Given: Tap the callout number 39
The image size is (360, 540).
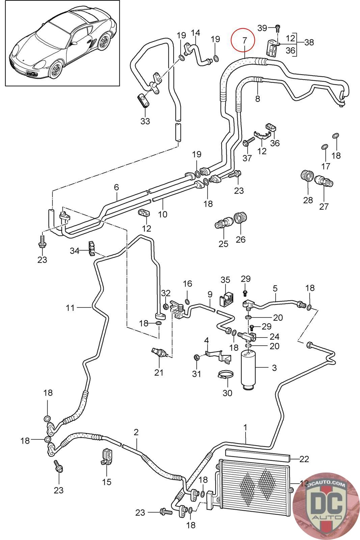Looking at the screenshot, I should click(x=262, y=28).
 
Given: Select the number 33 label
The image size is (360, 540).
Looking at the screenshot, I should click(x=145, y=121).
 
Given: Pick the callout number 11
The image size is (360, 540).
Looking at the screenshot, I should click(x=70, y=307).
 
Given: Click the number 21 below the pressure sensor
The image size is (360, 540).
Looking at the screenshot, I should click(x=159, y=373).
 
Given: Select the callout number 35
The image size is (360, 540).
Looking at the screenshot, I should click(x=225, y=280).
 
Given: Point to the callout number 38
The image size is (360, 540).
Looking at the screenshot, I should click(x=309, y=42).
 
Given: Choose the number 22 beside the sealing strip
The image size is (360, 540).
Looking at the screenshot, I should click(x=304, y=459).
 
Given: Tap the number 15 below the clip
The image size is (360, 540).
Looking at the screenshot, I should click(x=107, y=482).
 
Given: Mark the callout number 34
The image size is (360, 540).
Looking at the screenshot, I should click(x=75, y=251).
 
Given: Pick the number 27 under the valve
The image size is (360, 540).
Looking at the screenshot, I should click(x=324, y=206).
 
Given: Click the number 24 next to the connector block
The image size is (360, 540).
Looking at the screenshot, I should click(x=274, y=336).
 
